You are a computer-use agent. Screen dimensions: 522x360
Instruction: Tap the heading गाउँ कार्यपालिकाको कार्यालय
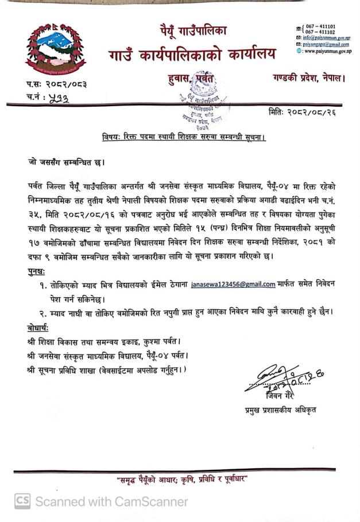192,55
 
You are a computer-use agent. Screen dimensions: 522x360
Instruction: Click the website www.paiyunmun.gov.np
327,51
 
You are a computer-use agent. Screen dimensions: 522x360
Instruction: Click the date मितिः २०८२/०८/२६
301,112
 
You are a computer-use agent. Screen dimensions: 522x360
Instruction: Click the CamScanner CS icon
22,501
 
